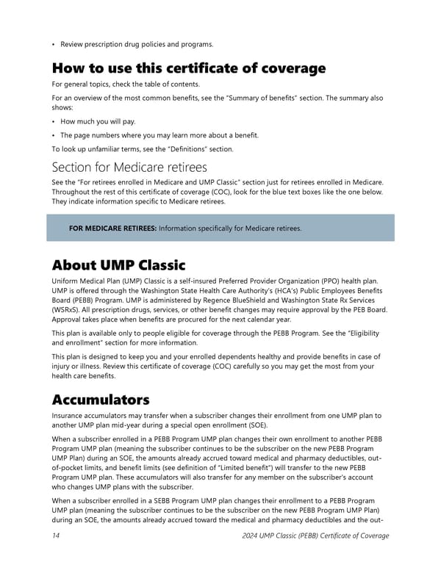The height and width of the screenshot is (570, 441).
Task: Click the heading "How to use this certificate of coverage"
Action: pyautogui.click(x=188, y=68)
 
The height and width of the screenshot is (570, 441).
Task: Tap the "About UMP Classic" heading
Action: pyautogui.click(x=118, y=264)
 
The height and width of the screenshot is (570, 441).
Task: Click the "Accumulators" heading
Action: pyautogui.click(x=101, y=400)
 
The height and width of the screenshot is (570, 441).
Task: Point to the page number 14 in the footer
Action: pyautogui.click(x=57, y=535)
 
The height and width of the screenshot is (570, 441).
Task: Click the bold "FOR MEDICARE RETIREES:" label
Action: pyautogui.click(x=112, y=228)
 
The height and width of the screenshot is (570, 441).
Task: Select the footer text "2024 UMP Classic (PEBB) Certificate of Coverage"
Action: pyautogui.click(x=315, y=535)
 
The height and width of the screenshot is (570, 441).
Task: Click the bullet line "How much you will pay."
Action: pyautogui.click(x=98, y=121)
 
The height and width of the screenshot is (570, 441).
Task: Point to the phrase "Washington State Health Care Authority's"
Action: pyautogui.click(x=224, y=290)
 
